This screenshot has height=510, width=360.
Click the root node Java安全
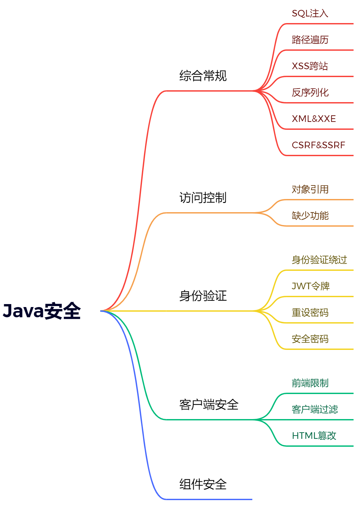(x=42, y=311)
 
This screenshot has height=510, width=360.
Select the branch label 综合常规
(x=203, y=76)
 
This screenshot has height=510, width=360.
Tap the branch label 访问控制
(x=203, y=198)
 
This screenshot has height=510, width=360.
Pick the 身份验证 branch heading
(x=203, y=296)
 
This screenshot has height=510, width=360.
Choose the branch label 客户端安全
(x=209, y=405)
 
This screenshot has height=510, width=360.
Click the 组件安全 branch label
(x=203, y=484)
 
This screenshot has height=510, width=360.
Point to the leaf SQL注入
(x=310, y=14)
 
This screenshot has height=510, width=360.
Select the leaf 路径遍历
(x=310, y=40)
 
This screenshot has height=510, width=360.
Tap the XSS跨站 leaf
(x=310, y=66)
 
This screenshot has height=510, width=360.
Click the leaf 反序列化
(x=310, y=93)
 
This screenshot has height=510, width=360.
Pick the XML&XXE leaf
(x=314, y=119)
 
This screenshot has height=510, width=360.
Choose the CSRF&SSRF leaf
(x=318, y=145)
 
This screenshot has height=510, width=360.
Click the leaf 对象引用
(x=310, y=189)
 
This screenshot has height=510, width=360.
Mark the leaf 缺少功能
(x=310, y=216)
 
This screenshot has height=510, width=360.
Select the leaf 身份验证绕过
(x=319, y=260)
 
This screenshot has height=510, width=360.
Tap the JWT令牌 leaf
(x=311, y=286)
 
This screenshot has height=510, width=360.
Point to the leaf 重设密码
(x=310, y=312)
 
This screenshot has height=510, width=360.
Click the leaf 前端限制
(x=310, y=383)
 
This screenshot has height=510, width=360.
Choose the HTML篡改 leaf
(x=314, y=436)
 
